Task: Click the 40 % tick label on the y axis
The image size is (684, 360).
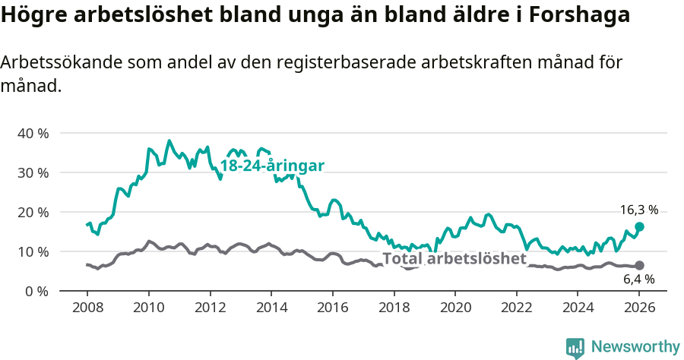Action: [32, 133]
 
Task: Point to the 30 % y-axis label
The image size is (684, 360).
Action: [32, 172]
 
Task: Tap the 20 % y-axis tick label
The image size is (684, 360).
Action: [32, 212]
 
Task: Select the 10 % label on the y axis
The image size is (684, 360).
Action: [32, 251]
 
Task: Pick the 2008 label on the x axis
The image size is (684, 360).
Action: [87, 308]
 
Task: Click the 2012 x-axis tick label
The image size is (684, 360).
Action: [210, 308]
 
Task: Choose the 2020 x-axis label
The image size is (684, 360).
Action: [455, 308]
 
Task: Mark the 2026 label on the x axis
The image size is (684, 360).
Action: [639, 308]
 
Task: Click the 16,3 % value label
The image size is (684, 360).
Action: [638, 210]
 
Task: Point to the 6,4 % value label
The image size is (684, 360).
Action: [638, 279]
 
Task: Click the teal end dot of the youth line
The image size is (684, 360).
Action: [639, 226]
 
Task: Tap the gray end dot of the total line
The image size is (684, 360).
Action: [639, 265]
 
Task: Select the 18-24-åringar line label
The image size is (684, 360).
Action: [272, 166]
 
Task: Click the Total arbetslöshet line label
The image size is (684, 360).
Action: [454, 258]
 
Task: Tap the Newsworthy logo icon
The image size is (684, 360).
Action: [575, 347]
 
